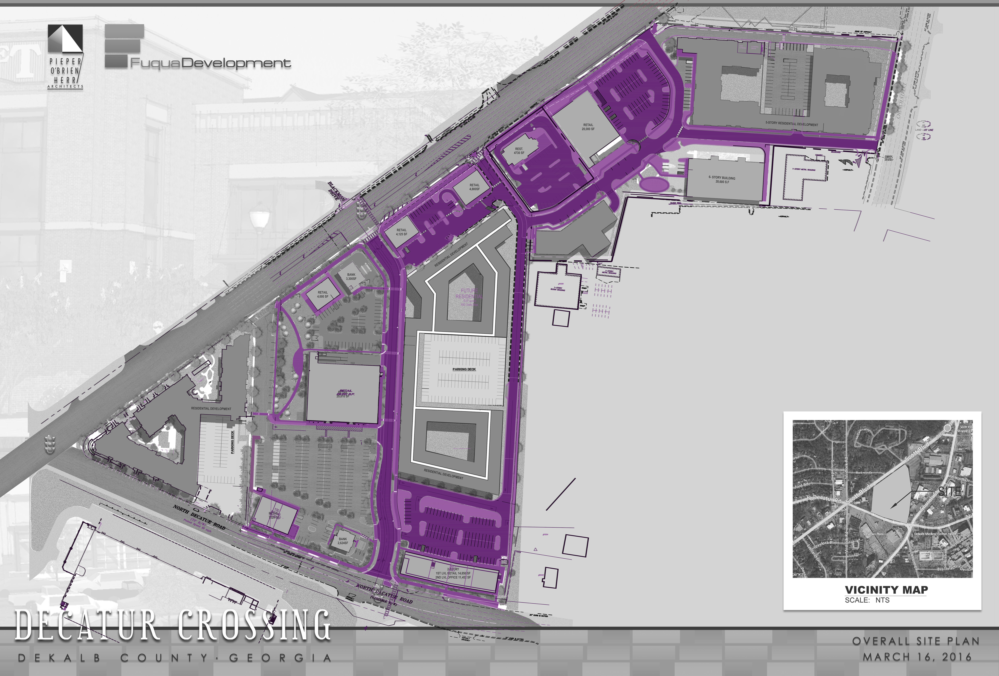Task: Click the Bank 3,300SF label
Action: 351,276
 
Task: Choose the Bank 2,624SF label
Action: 343,540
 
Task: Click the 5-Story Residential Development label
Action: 791,124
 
